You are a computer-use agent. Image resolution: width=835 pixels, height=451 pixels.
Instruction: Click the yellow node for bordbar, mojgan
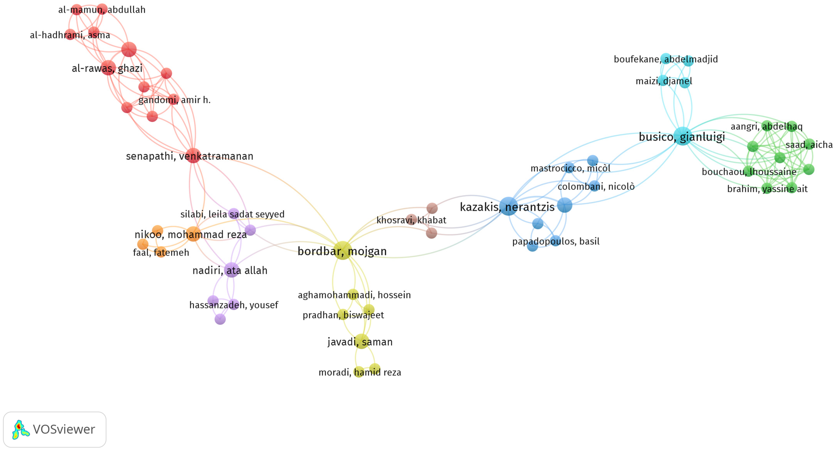[343, 250]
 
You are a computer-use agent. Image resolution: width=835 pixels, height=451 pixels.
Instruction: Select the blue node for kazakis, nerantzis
[508, 206]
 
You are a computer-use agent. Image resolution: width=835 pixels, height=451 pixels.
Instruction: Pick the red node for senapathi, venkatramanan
[193, 156]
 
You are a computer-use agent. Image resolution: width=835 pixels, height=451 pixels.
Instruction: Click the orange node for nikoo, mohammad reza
[193, 234]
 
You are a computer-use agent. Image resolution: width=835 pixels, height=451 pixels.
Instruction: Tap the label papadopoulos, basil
[556, 241]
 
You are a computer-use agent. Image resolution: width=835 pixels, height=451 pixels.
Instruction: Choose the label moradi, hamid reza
[360, 372]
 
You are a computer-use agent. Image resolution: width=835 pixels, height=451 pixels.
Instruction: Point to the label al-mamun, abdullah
[102, 10]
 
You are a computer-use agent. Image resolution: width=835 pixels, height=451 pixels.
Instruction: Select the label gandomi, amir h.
[174, 100]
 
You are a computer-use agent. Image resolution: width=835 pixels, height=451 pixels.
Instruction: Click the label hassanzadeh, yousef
[234, 305]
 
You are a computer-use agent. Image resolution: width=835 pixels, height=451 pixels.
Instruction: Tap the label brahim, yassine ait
[767, 189]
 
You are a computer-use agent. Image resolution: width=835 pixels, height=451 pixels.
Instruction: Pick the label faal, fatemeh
[161, 252]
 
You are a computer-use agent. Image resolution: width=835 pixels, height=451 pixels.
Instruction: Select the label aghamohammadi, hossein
[354, 295]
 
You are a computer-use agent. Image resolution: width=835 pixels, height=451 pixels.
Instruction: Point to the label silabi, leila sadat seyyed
[232, 214]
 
